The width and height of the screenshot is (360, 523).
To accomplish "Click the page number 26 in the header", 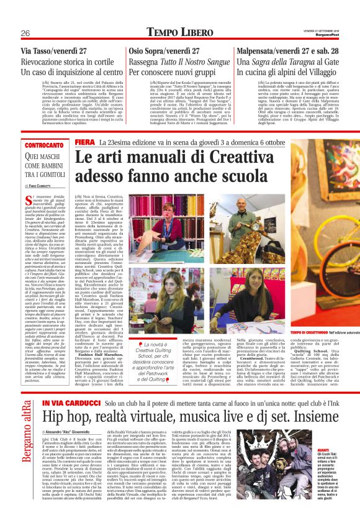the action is click(25, 32).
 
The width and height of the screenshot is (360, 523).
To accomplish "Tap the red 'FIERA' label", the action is click(84, 160).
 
